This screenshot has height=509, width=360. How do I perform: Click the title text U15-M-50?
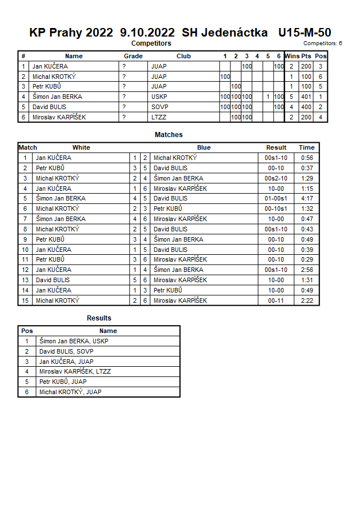[304, 33]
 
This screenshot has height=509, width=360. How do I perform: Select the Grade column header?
[133, 56]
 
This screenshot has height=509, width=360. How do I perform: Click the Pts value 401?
[306, 97]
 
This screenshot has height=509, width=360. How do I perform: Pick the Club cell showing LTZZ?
[159, 117]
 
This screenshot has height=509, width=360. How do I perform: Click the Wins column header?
[292, 56]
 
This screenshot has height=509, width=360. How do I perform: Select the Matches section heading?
[169, 135]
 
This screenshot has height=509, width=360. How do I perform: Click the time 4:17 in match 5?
[306, 198]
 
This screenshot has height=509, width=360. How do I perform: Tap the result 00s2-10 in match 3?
[276, 178]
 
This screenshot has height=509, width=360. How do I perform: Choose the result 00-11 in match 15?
[276, 300]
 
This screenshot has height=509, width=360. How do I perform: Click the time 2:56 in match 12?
[306, 270]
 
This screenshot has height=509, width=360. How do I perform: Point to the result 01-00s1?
[276, 198]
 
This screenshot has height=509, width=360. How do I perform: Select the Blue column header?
[203, 147]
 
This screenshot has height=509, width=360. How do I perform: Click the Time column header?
[306, 147]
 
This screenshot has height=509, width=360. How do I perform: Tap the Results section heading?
[99, 318]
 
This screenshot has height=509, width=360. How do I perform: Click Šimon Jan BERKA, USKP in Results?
[74, 341]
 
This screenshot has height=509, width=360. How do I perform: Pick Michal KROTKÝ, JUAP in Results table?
[71, 392]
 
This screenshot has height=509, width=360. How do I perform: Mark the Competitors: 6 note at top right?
[322, 43]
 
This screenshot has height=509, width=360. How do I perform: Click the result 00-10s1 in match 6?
[276, 209]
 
